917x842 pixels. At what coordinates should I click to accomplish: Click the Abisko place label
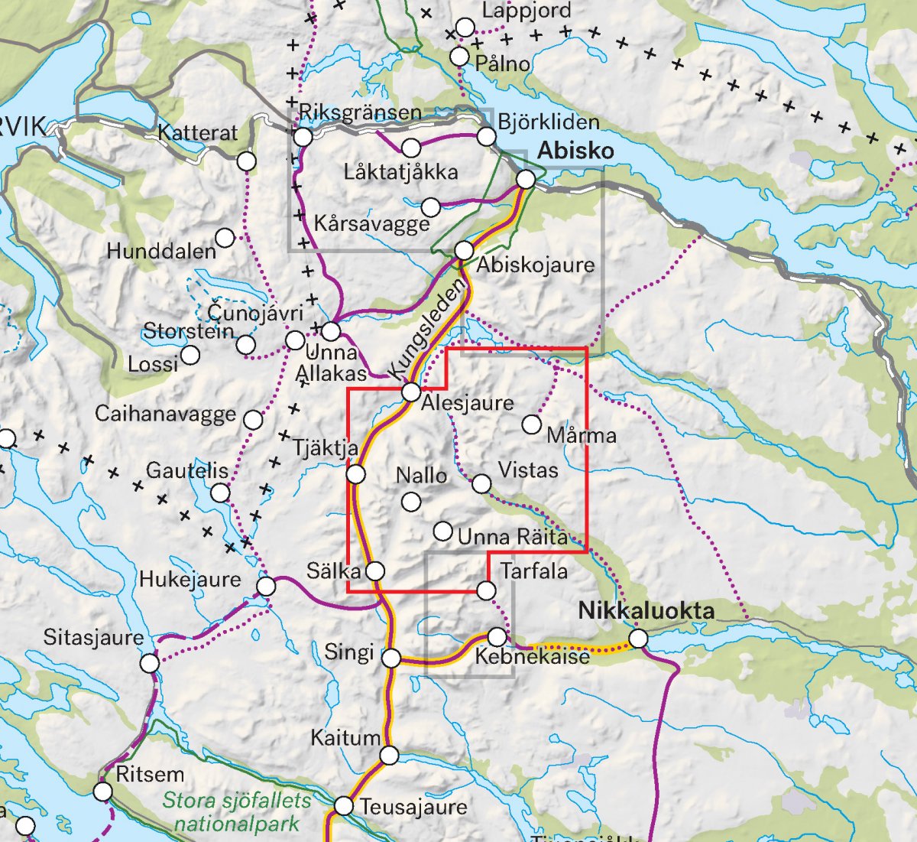point(575,151)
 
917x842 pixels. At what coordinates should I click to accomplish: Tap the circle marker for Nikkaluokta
point(638,639)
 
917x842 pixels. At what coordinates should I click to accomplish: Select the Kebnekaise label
point(532,657)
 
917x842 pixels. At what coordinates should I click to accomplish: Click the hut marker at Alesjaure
point(411,392)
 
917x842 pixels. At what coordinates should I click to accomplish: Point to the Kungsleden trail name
point(426,327)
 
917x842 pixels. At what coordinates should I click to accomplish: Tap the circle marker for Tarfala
point(486,590)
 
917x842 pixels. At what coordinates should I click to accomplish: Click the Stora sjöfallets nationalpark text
point(237,812)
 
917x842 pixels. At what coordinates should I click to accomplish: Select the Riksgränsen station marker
point(303,137)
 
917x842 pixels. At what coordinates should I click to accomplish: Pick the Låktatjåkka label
point(400,172)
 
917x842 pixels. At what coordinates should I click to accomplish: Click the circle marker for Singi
point(391,658)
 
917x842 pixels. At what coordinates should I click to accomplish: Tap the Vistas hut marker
point(481,483)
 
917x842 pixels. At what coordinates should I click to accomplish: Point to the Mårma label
point(582,436)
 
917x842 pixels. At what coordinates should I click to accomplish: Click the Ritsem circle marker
point(103,791)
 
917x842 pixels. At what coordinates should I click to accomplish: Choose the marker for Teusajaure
point(344,806)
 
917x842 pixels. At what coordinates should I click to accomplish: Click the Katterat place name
point(198,133)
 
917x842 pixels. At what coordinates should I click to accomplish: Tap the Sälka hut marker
point(375,571)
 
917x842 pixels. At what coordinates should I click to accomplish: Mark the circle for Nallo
point(411,502)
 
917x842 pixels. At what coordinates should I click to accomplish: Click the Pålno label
point(502,63)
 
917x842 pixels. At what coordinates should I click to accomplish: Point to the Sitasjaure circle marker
point(150,663)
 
